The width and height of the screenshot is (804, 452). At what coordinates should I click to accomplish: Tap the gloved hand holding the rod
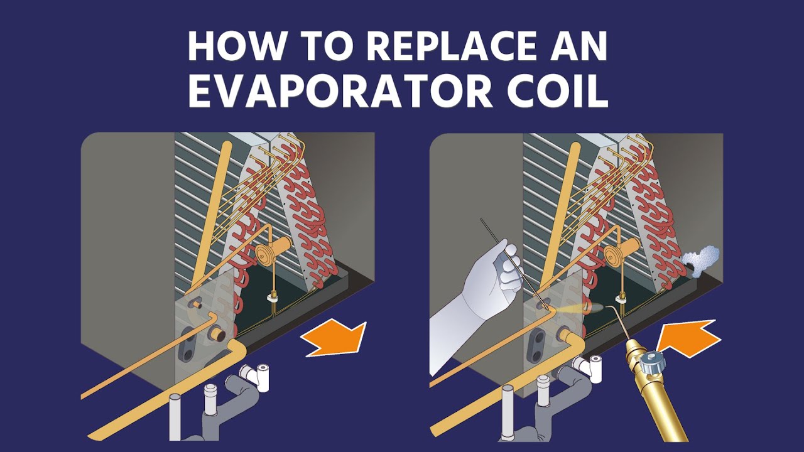click(490, 282)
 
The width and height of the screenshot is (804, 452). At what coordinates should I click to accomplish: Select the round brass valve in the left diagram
click(267, 254)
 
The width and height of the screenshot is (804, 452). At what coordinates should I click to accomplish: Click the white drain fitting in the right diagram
click(593, 367)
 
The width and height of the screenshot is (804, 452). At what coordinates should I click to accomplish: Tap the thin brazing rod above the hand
click(496, 242)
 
